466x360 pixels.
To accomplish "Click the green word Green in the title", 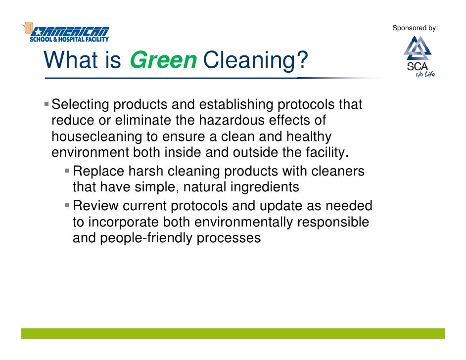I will (163, 61).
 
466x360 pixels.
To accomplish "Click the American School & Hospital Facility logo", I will (67, 33).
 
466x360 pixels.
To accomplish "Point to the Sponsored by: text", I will (415, 28).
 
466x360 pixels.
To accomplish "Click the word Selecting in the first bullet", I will (81, 105).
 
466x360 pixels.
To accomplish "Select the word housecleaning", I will (93, 136).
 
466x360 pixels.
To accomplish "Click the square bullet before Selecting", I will (47, 104).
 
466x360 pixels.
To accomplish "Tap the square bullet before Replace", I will (67, 171).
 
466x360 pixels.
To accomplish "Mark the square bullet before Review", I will (67, 205).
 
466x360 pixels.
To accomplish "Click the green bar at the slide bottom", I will (233, 333).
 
